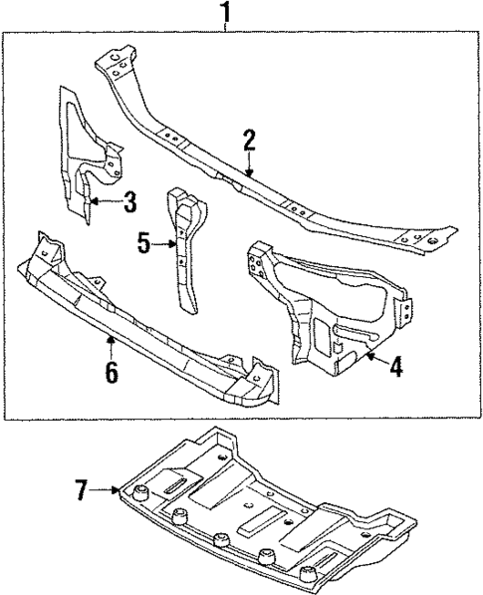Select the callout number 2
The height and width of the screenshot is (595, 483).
249,141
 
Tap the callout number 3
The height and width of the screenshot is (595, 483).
128,203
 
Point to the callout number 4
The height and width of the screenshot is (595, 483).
395,367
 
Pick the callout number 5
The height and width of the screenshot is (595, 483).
143,241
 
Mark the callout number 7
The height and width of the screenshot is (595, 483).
81,488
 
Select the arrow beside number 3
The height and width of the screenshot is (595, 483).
103,203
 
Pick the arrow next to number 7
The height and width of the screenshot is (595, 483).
108,488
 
